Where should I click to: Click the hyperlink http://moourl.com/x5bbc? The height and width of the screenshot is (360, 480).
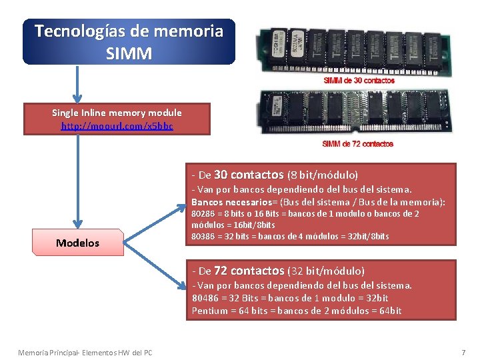(x=117, y=125)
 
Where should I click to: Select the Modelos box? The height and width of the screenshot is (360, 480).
(x=77, y=243)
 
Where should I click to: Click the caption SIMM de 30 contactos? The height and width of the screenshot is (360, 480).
(x=359, y=81)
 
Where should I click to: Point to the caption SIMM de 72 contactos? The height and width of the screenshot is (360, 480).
(x=357, y=144)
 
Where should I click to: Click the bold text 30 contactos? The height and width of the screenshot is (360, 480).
(x=249, y=175)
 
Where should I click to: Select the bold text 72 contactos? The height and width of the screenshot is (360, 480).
(x=249, y=271)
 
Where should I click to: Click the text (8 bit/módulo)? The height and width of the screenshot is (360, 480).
(x=323, y=175)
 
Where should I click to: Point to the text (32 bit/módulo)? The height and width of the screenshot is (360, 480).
(x=326, y=271)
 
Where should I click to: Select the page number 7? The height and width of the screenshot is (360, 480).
(x=463, y=351)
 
